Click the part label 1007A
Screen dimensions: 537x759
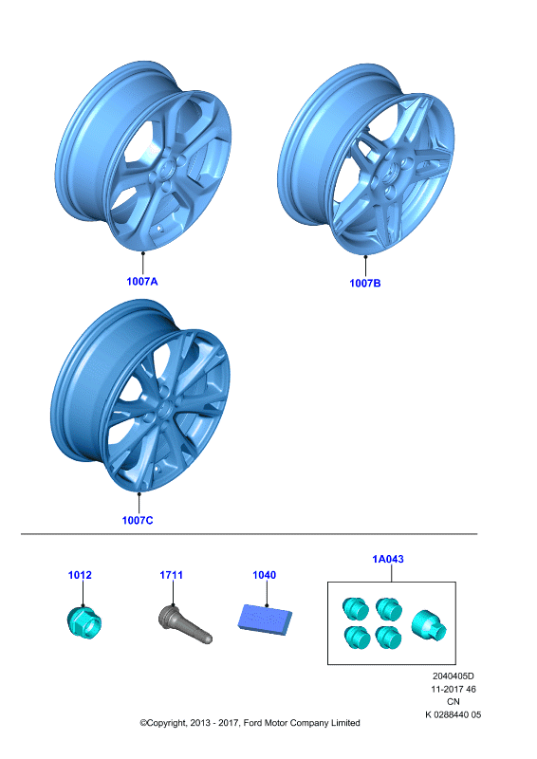point(142,281)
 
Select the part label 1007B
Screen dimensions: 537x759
point(365,283)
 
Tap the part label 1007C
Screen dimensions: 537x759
point(138,520)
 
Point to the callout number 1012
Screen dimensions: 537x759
point(80,575)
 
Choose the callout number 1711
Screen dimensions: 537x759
point(172,575)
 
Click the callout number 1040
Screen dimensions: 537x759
point(265,575)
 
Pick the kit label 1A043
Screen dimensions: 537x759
point(388,559)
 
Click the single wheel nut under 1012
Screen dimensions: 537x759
point(83,621)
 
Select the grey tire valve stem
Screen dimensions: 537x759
point(185,624)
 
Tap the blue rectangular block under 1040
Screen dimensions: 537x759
point(265,620)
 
